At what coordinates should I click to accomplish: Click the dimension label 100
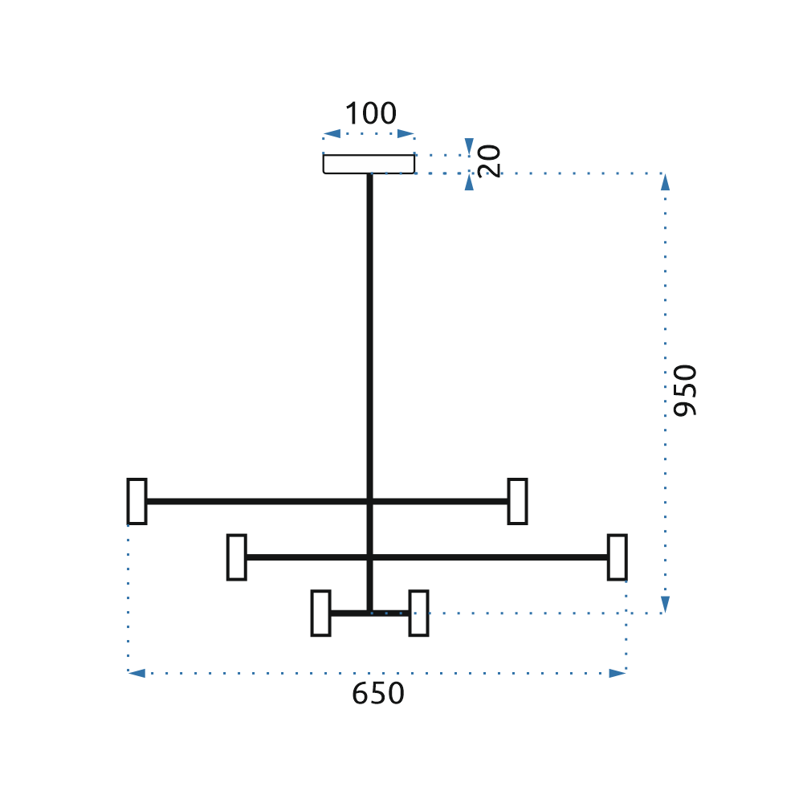pyautogui.click(x=370, y=115)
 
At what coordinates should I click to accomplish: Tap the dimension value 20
pyautogui.click(x=489, y=161)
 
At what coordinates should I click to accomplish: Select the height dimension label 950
pyautogui.click(x=685, y=390)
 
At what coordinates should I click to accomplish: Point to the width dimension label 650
pyautogui.click(x=377, y=693)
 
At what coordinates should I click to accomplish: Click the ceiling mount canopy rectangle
pyautogui.click(x=369, y=164)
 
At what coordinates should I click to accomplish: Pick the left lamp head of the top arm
pyautogui.click(x=137, y=501)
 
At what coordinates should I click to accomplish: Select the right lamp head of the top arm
pyautogui.click(x=518, y=501)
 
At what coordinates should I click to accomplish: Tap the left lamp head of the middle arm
pyautogui.click(x=237, y=556)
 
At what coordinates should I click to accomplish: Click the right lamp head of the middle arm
pyautogui.click(x=617, y=556)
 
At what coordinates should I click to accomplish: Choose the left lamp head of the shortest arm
pyautogui.click(x=320, y=613)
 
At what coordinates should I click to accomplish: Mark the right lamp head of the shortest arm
pyautogui.click(x=418, y=613)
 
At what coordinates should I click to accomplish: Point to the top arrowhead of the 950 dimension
pyautogui.click(x=665, y=181)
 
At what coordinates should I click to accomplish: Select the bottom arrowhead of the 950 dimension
pyautogui.click(x=665, y=605)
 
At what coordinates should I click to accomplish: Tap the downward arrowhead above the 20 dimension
pyautogui.click(x=469, y=146)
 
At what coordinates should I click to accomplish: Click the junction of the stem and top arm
pyautogui.click(x=369, y=501)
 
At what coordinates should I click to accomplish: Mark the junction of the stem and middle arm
pyautogui.click(x=369, y=556)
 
